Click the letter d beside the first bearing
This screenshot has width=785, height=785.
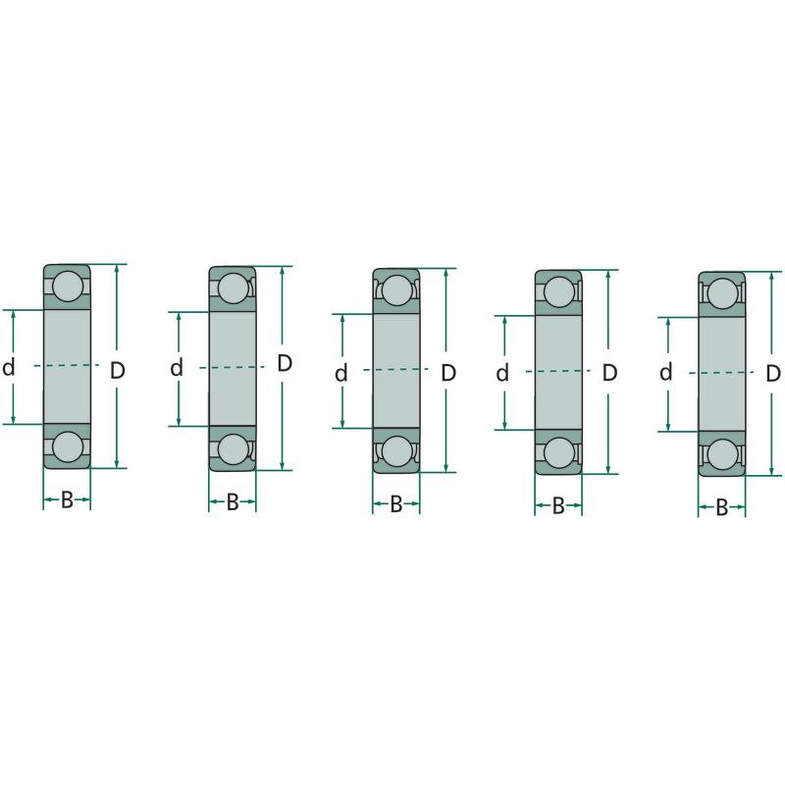9,367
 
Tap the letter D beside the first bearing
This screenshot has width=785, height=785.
117,371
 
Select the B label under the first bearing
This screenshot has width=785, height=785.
67,499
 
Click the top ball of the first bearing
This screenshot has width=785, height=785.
68,287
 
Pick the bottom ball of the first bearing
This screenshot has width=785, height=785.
68,447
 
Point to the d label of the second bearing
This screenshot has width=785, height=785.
177,368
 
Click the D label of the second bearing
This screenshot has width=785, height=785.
285,363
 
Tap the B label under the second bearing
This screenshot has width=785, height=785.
233,502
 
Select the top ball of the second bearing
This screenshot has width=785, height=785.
234,288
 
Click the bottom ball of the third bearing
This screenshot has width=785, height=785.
396,451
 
